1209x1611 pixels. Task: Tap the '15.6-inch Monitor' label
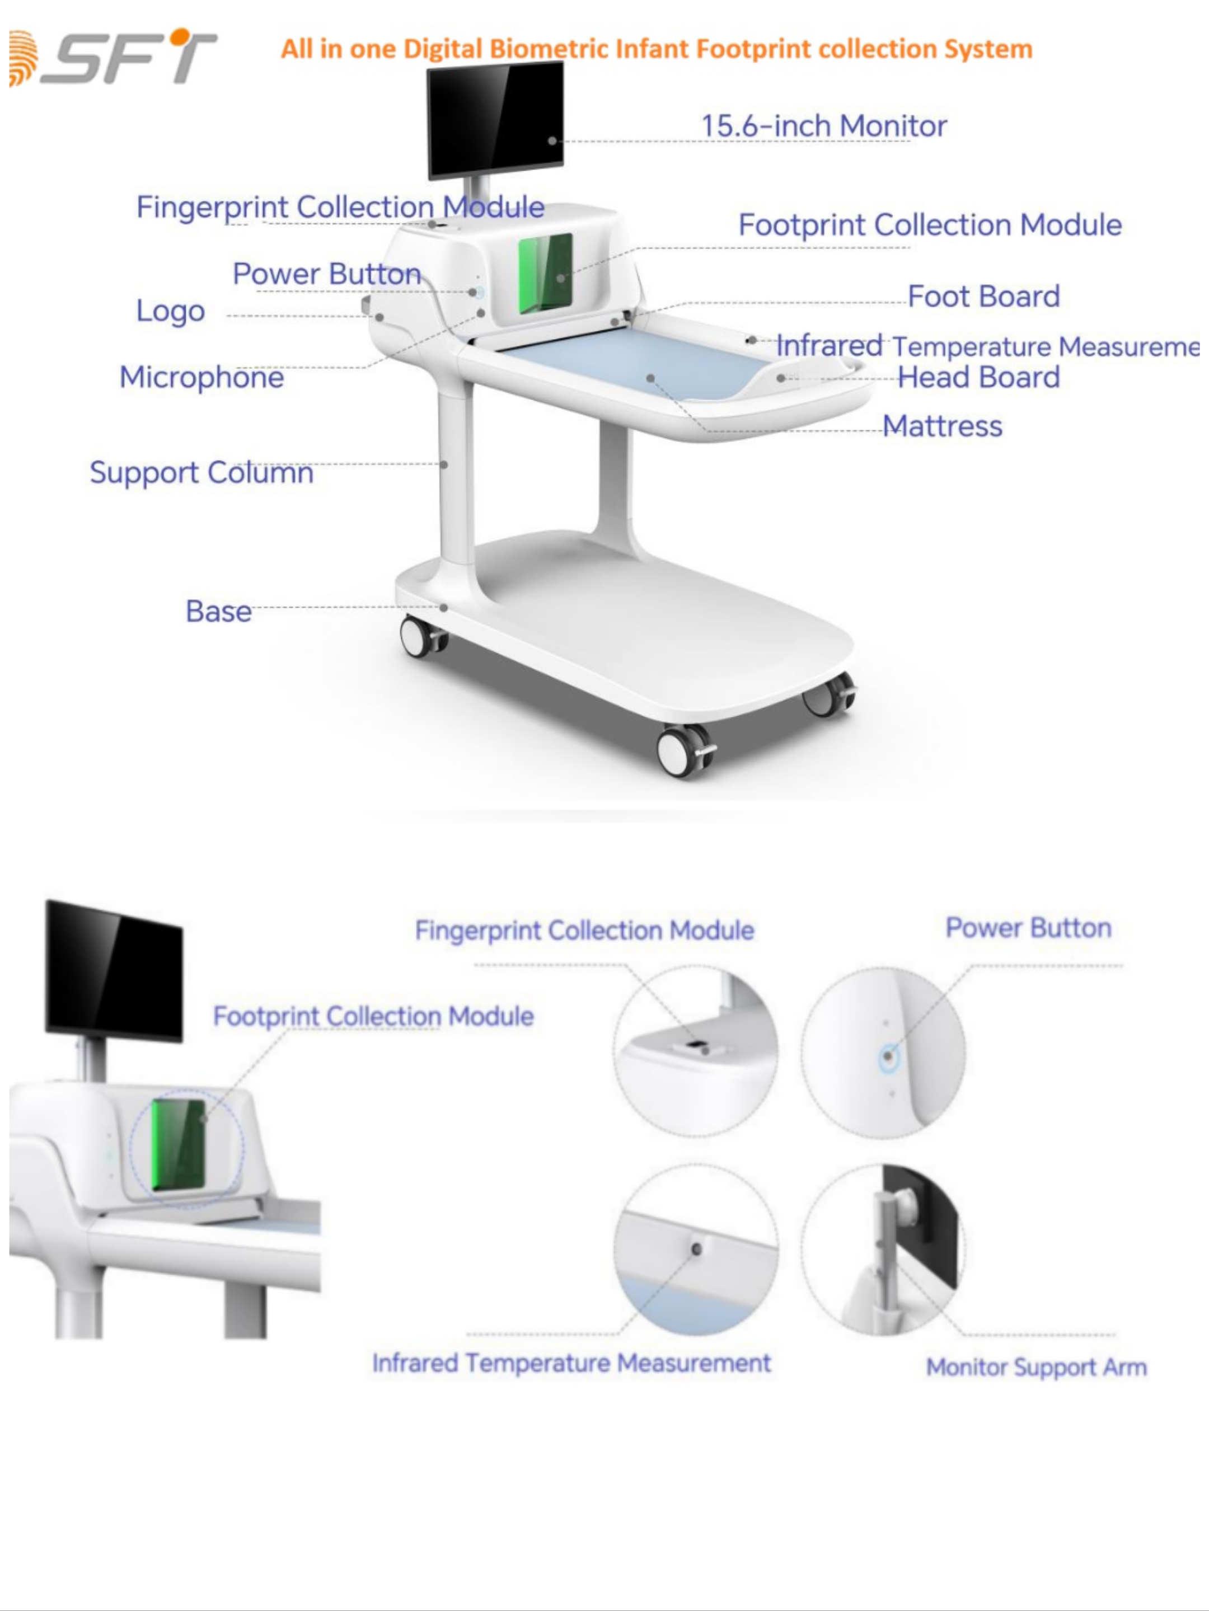click(x=823, y=126)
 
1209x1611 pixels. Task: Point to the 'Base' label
click(x=218, y=611)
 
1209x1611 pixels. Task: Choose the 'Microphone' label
click(x=201, y=377)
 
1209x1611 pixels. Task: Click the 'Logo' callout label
click(x=170, y=311)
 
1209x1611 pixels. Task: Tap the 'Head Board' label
click(x=978, y=377)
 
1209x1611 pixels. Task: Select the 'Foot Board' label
click(x=983, y=297)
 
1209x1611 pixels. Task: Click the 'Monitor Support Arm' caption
click(x=1035, y=1367)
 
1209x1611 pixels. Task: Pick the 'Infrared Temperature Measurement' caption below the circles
click(x=571, y=1363)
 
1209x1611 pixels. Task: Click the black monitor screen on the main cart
click(x=495, y=119)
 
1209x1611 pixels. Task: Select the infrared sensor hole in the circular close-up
click(x=696, y=1249)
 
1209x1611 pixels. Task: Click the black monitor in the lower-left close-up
click(x=114, y=969)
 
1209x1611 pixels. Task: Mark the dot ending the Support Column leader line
click(x=443, y=464)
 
